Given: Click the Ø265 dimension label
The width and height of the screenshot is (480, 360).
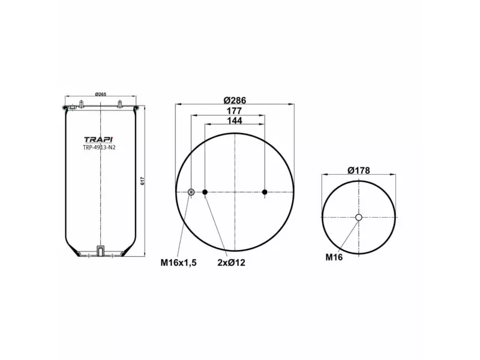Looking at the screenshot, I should click(x=100, y=95).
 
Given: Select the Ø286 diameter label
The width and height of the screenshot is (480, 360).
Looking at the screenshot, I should click(x=235, y=100).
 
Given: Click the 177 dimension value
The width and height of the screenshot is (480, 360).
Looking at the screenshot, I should click(x=235, y=111).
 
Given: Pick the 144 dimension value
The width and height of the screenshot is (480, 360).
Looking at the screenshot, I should click(x=235, y=121).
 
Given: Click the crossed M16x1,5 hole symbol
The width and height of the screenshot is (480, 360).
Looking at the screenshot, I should click(x=191, y=192).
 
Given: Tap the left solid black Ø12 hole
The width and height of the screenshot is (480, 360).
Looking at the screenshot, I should click(x=205, y=192).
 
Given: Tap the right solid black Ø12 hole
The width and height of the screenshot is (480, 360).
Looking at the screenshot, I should click(x=265, y=192).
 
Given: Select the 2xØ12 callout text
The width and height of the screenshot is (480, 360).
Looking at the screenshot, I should click(x=232, y=262).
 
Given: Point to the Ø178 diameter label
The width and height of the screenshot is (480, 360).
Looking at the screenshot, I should click(x=358, y=170).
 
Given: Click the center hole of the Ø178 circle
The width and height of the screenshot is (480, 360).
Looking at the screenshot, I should click(x=358, y=217).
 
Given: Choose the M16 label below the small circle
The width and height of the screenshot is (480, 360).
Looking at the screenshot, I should click(x=334, y=257).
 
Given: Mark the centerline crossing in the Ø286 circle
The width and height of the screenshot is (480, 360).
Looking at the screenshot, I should click(x=235, y=192).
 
